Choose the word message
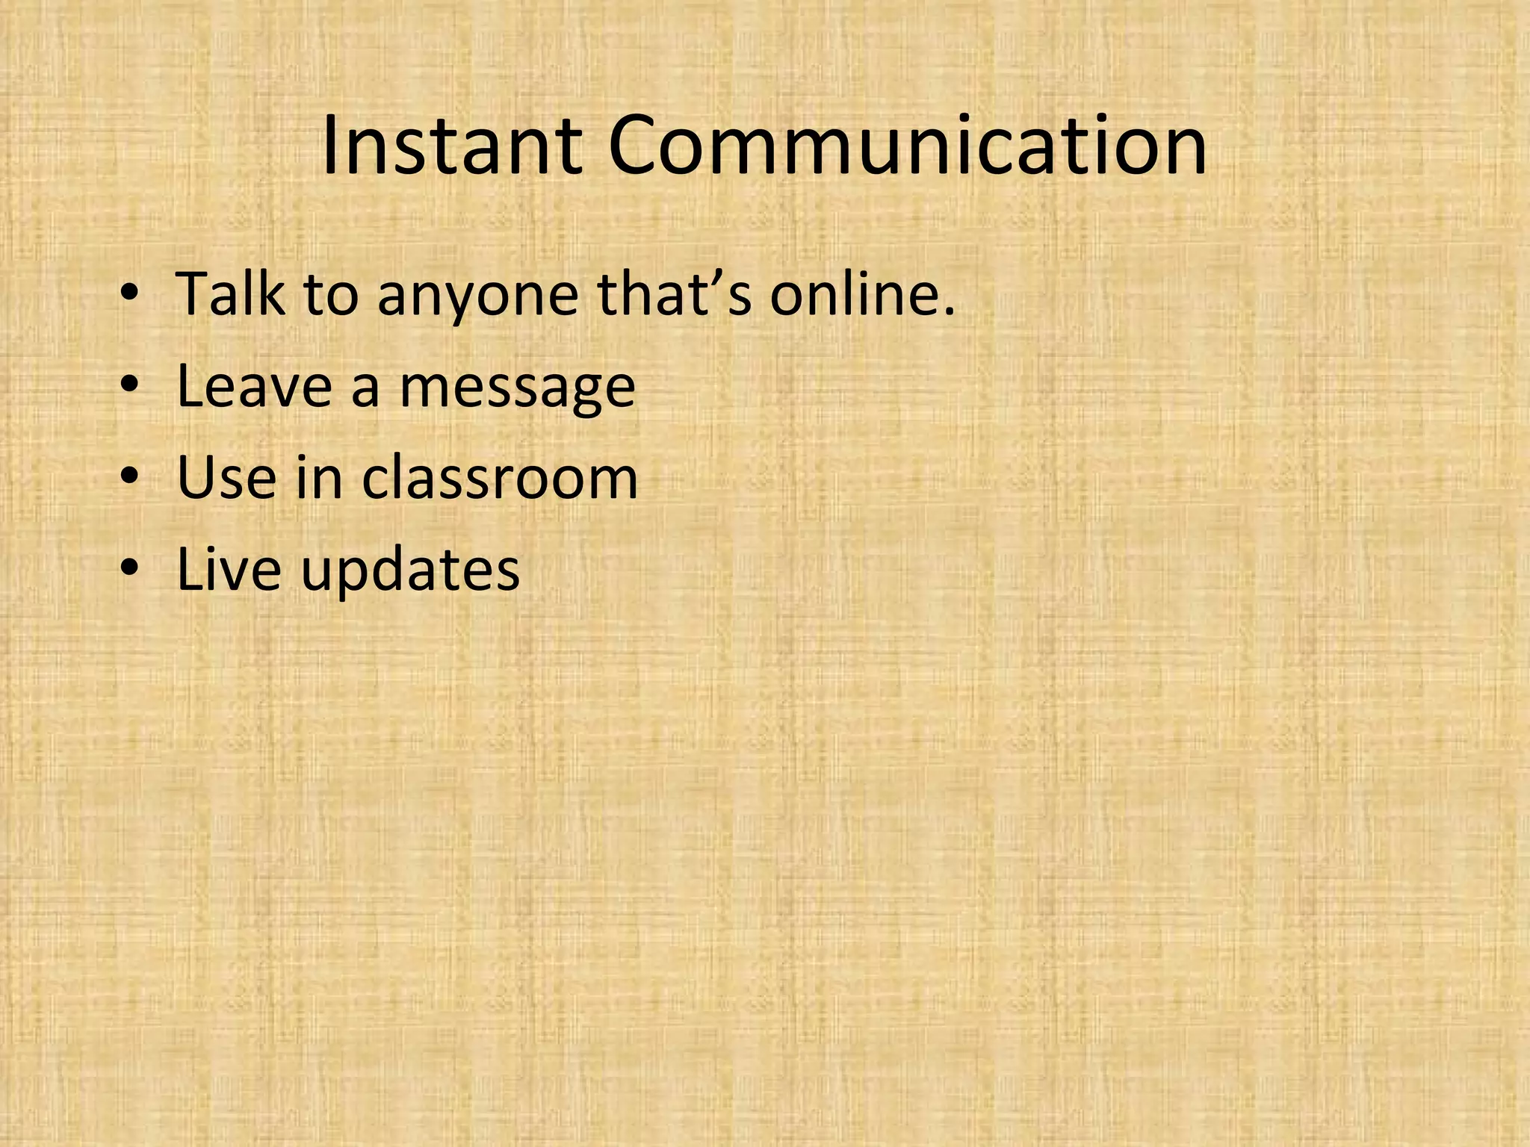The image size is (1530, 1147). [x=517, y=390]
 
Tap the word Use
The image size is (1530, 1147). [x=226, y=477]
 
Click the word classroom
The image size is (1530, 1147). [x=500, y=477]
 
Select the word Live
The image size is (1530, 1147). [x=229, y=569]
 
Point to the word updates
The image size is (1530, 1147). [x=410, y=572]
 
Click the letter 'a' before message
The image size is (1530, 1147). [x=365, y=390]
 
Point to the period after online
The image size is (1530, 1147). [x=949, y=311]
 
